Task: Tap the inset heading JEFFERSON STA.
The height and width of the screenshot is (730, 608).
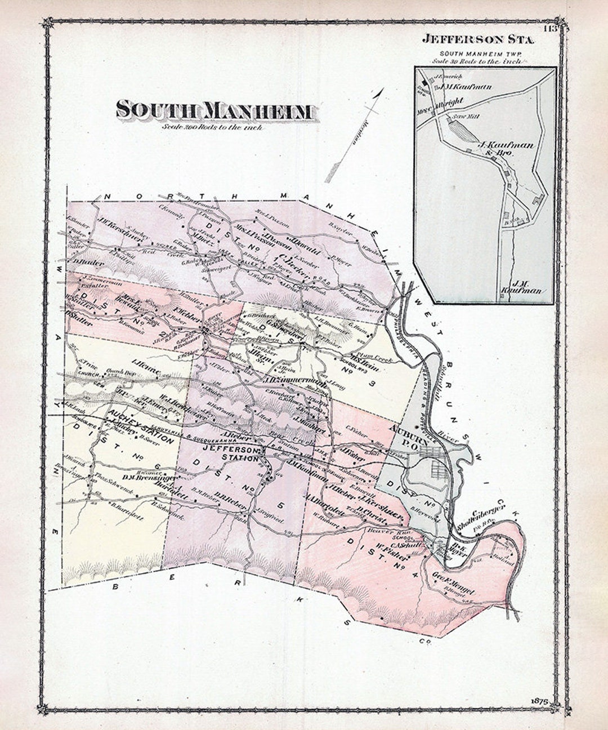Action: click(480, 40)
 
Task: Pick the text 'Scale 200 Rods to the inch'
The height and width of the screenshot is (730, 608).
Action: click(212, 127)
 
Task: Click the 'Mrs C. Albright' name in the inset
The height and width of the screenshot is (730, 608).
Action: click(439, 102)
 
